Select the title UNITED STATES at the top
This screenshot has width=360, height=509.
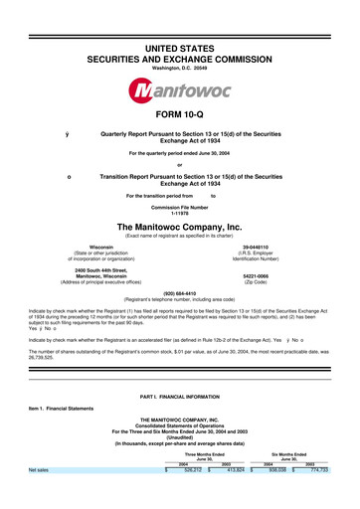click(180, 21)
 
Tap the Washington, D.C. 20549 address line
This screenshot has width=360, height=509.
click(180, 41)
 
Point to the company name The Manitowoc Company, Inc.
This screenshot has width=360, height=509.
click(180, 227)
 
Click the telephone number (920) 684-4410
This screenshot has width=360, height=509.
click(180, 293)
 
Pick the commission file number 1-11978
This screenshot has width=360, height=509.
click(180, 212)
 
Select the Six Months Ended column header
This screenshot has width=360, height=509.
click(298, 482)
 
